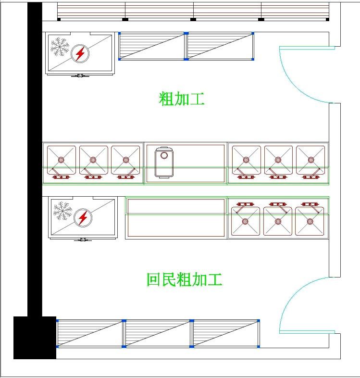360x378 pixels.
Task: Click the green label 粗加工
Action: (182, 99)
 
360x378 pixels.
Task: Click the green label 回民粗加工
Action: (185, 279)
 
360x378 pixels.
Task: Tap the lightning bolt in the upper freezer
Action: (80, 53)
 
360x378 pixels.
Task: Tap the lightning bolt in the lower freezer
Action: (83, 218)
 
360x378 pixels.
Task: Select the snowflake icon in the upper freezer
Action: (60, 47)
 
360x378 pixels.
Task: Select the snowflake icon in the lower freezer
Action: (62, 211)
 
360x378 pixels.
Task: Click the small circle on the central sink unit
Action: (164, 155)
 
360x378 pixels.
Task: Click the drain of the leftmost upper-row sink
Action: (61, 160)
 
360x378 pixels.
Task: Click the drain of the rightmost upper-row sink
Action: (311, 160)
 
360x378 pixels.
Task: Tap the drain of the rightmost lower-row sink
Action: (310, 221)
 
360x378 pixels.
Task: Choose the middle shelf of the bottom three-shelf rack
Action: (158, 334)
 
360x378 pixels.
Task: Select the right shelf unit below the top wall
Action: (219, 46)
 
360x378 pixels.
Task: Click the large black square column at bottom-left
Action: (35, 338)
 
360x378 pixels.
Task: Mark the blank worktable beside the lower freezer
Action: (176, 217)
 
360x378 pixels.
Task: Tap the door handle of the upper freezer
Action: (80, 76)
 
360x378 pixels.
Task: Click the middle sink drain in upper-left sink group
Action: (93, 160)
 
